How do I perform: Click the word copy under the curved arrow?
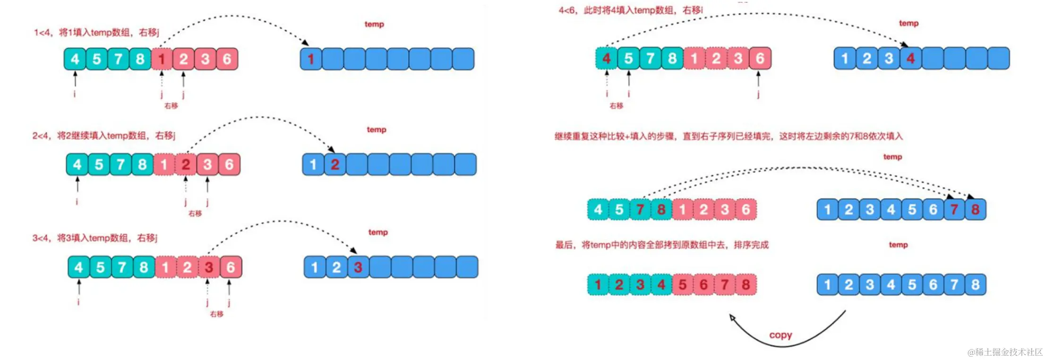coord(780,335)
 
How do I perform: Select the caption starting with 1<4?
coord(96,32)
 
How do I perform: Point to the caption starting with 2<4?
coord(103,136)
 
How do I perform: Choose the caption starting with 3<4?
coord(94,238)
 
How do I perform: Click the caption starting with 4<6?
coord(630,10)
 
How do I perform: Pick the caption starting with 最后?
coord(661,245)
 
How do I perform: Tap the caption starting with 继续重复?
coord(728,137)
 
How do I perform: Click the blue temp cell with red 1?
coord(311,59)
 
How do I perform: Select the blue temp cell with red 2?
coord(335,164)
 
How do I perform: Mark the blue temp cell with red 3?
coord(358,267)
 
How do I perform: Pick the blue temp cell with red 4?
coord(910,59)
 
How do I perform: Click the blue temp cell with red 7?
coord(954,210)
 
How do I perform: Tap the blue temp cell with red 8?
coord(975,210)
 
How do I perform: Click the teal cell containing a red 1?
coord(598,284)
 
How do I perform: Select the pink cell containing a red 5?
coord(682,284)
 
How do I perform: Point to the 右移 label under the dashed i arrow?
coord(616,106)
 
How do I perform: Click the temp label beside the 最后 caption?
coord(898,245)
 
